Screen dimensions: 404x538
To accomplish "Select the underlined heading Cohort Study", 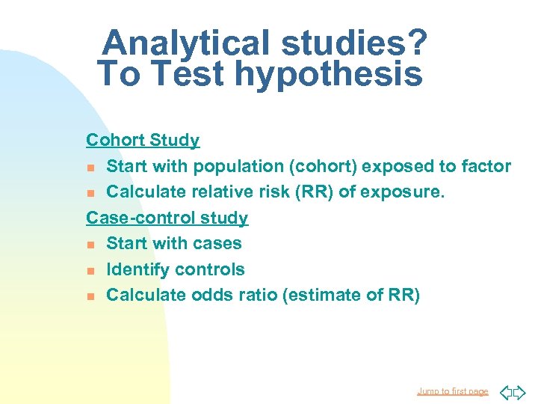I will tap(143, 140).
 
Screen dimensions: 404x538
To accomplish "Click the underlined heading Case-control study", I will tap(167, 218).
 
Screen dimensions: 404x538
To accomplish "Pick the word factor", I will tap(486, 166).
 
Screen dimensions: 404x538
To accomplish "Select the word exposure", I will tap(402, 192).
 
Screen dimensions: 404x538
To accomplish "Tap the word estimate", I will tap(322, 296).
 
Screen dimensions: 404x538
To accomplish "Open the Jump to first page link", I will tap(452, 391).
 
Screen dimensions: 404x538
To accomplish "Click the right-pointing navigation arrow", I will tap(519, 391).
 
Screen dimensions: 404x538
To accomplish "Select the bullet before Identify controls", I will tap(90, 270).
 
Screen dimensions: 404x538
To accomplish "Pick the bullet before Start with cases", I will tap(90, 245).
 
